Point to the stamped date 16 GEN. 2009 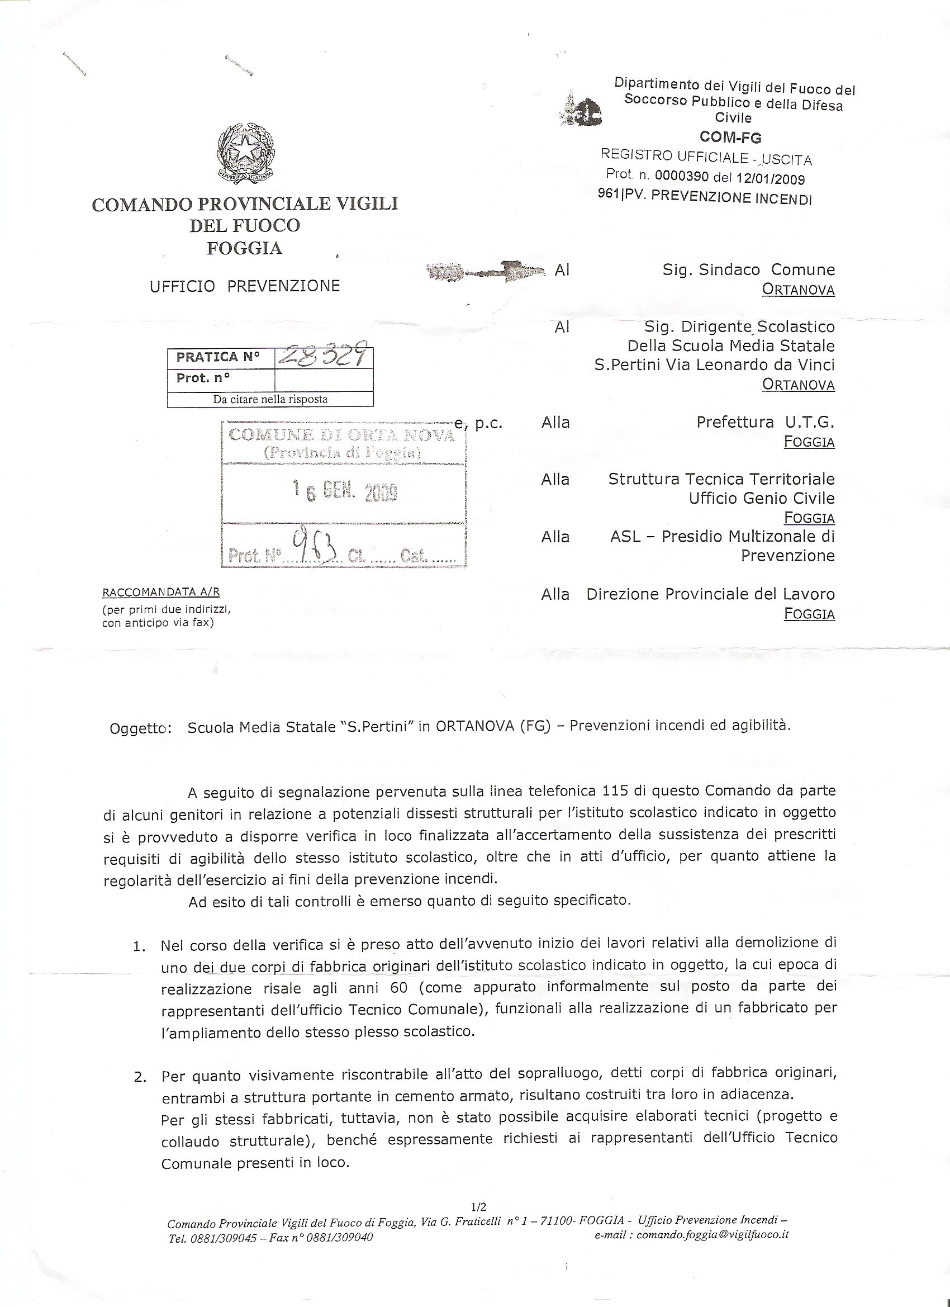[x=344, y=491]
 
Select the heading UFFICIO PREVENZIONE [x=245, y=286]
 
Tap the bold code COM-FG [x=730, y=137]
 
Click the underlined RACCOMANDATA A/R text [x=161, y=592]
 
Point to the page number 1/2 [x=479, y=1202]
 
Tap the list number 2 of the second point [x=139, y=1077]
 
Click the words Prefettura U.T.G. [x=765, y=422]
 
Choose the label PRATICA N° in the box [x=218, y=357]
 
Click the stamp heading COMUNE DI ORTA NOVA [x=341, y=435]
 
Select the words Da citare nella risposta [x=270, y=399]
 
